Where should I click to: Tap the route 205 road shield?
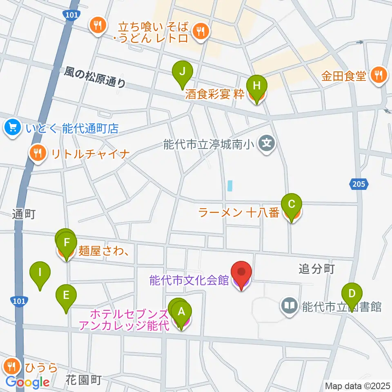[x=359, y=185]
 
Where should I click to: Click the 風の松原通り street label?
[x=95, y=77]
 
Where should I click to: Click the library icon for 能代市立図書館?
[x=290, y=306]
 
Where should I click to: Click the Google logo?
[x=27, y=382]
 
